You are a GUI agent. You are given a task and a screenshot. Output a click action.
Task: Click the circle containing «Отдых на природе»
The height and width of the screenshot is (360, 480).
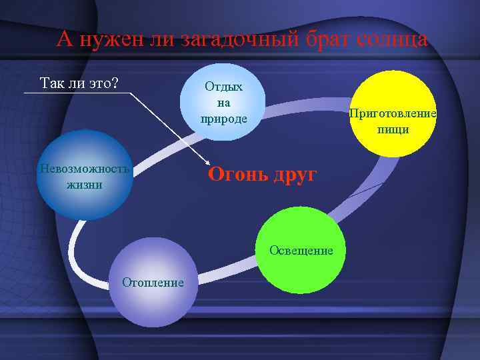click(x=223, y=102)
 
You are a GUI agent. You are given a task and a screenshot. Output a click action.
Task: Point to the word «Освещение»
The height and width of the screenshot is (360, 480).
click(x=301, y=251)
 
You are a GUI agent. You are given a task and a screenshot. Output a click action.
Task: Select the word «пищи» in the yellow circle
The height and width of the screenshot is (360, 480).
click(x=393, y=129)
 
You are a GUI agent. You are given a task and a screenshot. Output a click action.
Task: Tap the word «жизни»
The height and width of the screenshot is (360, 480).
click(x=85, y=184)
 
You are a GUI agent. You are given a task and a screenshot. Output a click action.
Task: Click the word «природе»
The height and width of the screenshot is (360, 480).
click(x=223, y=119)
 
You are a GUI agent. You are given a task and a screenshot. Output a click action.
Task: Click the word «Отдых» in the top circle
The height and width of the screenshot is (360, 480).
click(x=223, y=87)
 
